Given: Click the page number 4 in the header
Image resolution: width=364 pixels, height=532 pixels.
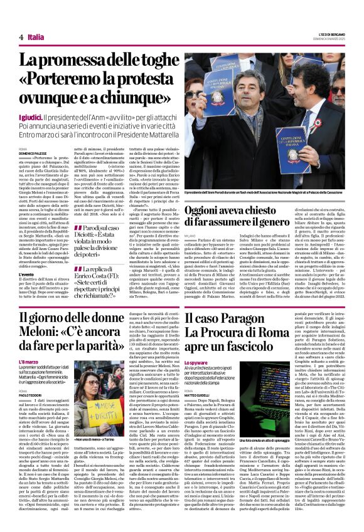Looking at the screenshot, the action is tap(21, 38).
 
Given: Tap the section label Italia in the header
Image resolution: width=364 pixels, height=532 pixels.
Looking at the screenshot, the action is tap(36, 38).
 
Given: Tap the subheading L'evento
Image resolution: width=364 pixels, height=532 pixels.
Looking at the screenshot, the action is tap(26, 274).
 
